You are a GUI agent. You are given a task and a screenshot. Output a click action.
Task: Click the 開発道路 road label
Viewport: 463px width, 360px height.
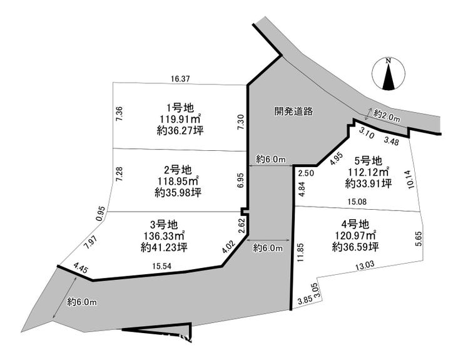click(x=293, y=111)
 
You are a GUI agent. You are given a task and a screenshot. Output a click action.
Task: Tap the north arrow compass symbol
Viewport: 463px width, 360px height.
click(x=389, y=74)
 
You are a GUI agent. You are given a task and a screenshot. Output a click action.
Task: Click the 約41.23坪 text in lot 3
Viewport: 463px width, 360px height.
click(x=164, y=247)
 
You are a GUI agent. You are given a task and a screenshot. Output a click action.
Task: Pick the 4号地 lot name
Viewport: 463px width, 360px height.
click(x=355, y=224)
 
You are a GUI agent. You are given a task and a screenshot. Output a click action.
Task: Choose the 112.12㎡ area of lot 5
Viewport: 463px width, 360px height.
click(x=369, y=172)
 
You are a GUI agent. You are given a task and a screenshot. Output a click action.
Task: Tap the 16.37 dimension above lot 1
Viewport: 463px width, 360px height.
click(x=180, y=79)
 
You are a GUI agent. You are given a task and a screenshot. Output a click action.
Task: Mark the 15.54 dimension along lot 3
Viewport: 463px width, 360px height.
click(x=162, y=266)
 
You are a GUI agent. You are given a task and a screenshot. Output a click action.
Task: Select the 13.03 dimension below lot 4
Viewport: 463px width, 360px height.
click(x=365, y=265)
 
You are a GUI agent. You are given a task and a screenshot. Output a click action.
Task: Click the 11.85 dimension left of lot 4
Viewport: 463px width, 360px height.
click(x=300, y=253)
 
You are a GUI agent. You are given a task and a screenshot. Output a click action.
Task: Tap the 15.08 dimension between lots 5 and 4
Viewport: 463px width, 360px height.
click(x=357, y=202)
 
